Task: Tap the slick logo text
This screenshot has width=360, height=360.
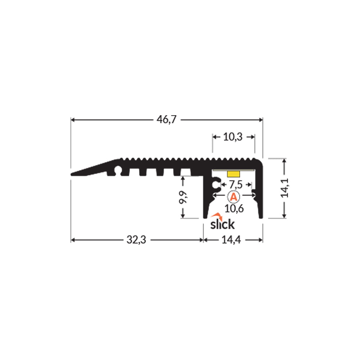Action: pyautogui.click(x=222, y=224)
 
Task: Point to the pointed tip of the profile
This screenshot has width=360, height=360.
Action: pyautogui.click(x=72, y=174)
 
